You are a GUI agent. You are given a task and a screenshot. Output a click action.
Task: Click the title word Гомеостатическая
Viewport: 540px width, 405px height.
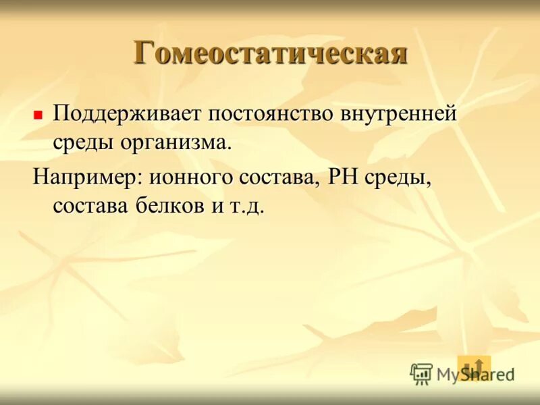tap(270, 53)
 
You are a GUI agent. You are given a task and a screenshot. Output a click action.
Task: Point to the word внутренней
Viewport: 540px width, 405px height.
tap(400, 113)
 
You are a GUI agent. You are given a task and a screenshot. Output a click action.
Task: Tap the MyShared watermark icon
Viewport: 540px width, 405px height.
tap(421, 373)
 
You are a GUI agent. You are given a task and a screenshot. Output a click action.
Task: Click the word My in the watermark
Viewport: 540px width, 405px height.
tap(448, 374)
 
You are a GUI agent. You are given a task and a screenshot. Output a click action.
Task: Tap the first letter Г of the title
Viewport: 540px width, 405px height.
tap(143, 53)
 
